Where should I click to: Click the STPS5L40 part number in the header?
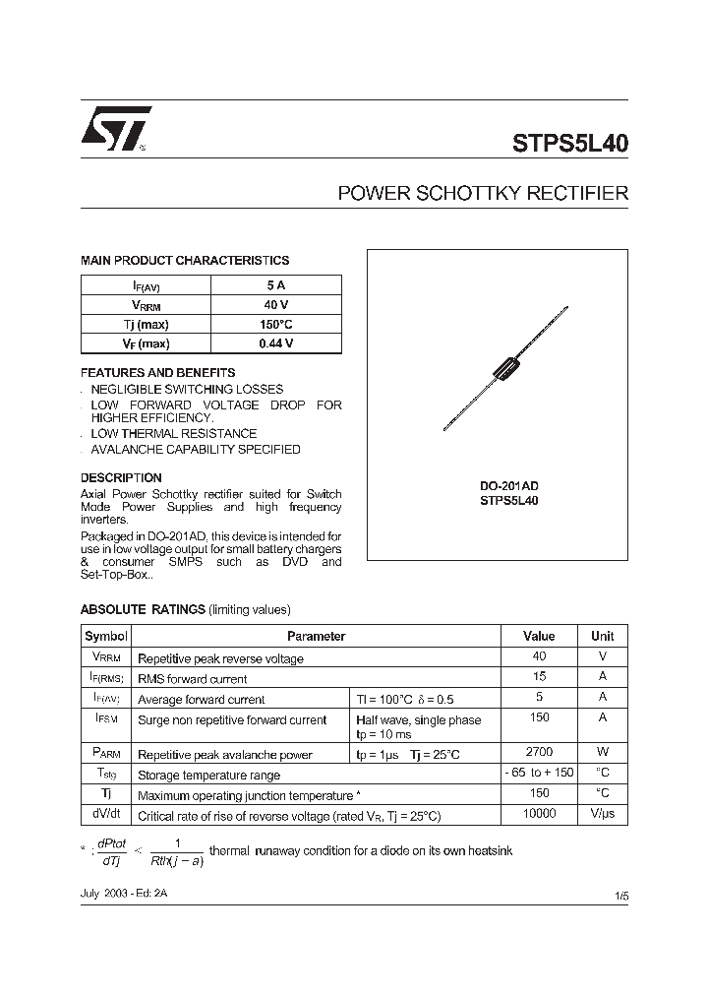click(569, 142)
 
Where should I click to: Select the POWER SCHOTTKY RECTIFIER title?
click(482, 193)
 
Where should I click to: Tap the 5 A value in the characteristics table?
click(275, 285)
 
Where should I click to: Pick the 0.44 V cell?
click(275, 343)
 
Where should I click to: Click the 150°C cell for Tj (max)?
click(275, 324)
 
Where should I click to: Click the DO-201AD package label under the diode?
click(508, 485)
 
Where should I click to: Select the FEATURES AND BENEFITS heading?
click(157, 373)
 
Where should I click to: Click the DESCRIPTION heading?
click(121, 478)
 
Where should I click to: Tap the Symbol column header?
click(106, 637)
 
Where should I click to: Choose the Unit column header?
click(602, 637)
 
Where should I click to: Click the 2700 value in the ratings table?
click(539, 752)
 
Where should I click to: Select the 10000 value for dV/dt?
click(539, 814)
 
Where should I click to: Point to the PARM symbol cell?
click(106, 753)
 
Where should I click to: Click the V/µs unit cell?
click(602, 815)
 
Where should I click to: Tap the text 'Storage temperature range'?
click(208, 776)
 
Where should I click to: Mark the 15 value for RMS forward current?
click(539, 677)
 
